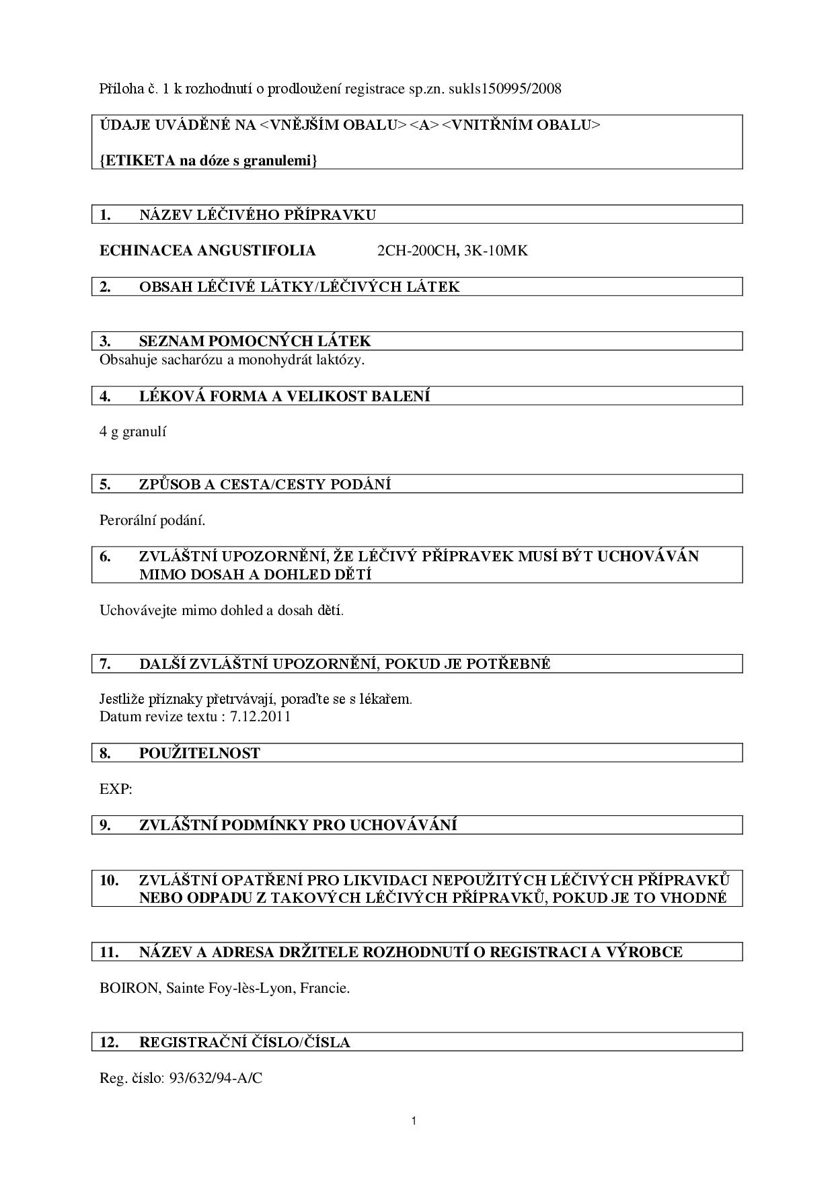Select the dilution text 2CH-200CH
tap(416, 251)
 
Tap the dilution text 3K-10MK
tap(496, 251)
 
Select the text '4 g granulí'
tap(133, 432)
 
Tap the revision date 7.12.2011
tap(260, 716)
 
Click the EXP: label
tap(116, 789)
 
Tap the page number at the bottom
tap(414, 1121)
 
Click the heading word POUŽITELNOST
tap(199, 753)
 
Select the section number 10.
tap(109, 880)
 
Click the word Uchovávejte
tap(138, 610)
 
